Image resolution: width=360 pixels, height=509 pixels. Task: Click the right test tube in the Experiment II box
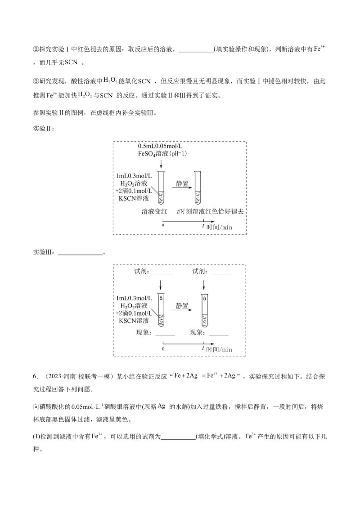click(x=197, y=187)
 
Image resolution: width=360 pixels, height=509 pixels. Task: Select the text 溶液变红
click(x=155, y=211)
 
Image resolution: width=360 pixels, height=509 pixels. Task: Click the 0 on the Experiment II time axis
click(x=162, y=225)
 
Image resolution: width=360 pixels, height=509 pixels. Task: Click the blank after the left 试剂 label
click(x=162, y=272)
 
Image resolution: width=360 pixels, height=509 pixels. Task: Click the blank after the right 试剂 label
click(x=220, y=272)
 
